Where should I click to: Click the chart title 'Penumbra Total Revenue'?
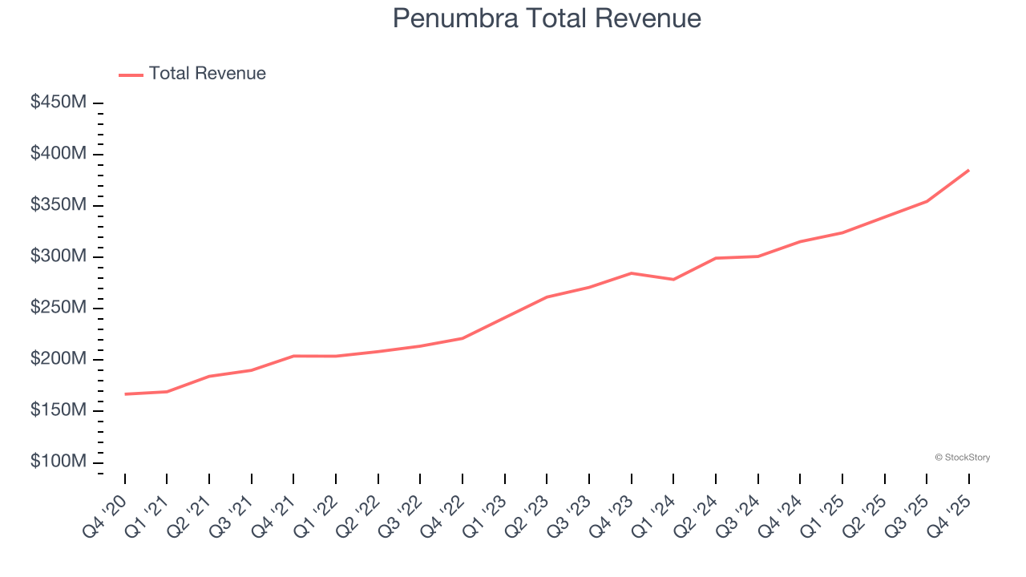click(547, 18)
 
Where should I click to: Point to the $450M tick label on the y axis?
click(59, 103)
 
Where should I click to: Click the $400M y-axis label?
click(59, 154)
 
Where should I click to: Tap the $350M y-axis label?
click(59, 205)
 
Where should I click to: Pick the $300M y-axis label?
click(59, 256)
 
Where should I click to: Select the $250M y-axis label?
click(59, 308)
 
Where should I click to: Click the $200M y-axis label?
click(59, 359)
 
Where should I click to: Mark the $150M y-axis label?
click(59, 410)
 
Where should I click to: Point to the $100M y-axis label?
click(59, 462)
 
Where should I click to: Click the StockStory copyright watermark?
click(962, 458)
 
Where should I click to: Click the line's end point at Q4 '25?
click(968, 170)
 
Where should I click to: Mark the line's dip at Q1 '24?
click(673, 279)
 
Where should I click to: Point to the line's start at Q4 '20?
click(125, 394)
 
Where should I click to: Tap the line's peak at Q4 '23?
click(631, 273)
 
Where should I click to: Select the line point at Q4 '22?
click(463, 338)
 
